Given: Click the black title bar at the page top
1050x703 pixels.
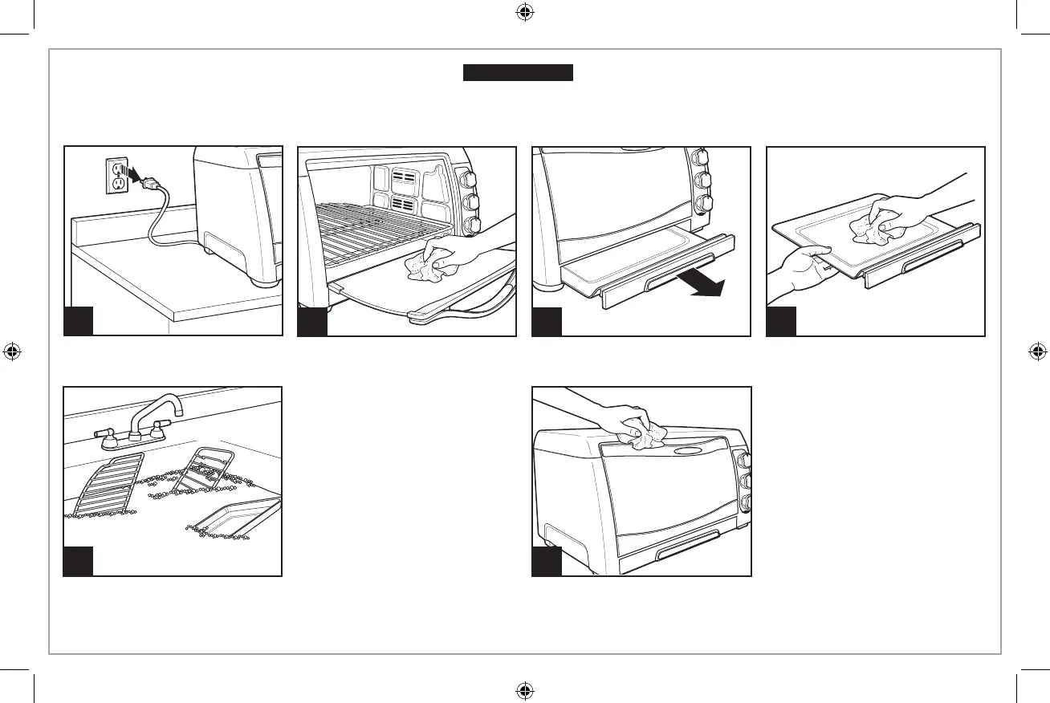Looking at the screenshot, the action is [x=517, y=73].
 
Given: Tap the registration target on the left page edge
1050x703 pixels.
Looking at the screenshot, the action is [x=12, y=351].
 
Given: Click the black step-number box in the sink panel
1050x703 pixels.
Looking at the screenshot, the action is [x=79, y=561].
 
